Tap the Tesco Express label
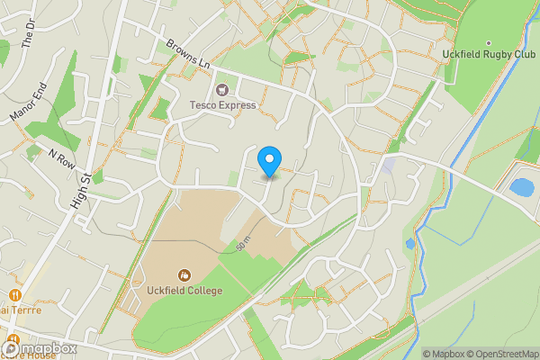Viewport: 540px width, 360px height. (222, 105)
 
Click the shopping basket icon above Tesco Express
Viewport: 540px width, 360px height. (221, 90)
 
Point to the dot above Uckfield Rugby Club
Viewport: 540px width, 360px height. (489, 42)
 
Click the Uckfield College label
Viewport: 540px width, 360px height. (184, 290)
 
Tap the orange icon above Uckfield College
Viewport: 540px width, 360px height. (184, 274)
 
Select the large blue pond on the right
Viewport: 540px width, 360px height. (520, 188)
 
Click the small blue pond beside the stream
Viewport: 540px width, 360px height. (410, 243)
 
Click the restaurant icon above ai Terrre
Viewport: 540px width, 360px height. (15, 295)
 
